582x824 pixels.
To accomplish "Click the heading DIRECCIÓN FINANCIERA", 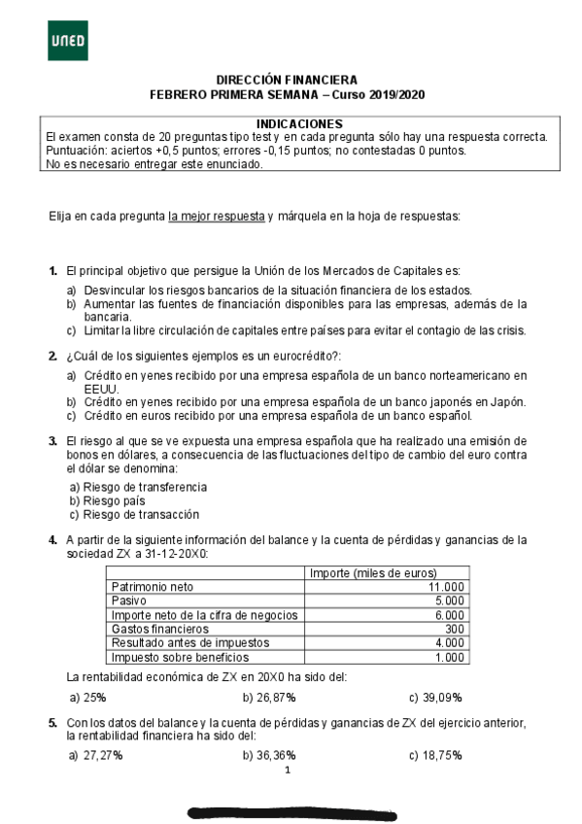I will (287, 80).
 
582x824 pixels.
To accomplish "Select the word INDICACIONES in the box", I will (299, 124).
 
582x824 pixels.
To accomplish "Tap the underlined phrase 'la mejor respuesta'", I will (216, 215).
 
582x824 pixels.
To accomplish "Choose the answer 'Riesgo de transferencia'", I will (145, 487).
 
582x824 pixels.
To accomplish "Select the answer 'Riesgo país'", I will (119, 500).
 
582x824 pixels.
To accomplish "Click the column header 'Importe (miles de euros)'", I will (373, 573).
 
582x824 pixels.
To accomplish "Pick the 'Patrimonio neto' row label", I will (154, 587).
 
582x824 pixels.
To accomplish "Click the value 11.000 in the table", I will (446, 587).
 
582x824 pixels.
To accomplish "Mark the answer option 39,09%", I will (442, 698).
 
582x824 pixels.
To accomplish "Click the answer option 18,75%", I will (442, 755).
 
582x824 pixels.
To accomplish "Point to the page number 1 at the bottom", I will (289, 771).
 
